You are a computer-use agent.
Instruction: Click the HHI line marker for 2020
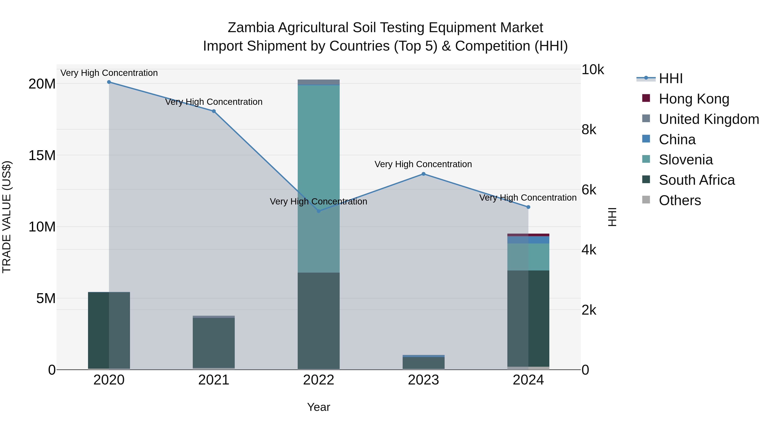coord(109,82)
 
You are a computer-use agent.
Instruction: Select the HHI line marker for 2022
coord(318,211)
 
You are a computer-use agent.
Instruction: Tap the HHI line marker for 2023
coord(423,174)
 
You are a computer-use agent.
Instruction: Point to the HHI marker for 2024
coord(528,207)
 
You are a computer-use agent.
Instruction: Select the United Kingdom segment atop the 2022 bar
coord(318,82)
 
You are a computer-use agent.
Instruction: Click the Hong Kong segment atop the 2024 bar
coord(528,235)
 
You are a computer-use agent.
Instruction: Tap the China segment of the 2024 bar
coord(528,240)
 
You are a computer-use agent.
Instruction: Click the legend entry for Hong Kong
coord(694,99)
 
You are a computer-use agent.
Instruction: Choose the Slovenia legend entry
coord(685,160)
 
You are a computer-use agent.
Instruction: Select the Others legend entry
coord(679,200)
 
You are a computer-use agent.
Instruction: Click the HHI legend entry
coord(670,78)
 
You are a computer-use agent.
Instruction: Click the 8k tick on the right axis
coord(589,130)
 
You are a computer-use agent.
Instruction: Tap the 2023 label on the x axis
coord(423,380)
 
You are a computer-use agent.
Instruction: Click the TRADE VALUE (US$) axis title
coord(7,217)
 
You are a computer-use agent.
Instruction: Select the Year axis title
coord(318,407)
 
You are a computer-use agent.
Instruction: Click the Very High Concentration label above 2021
coord(214,102)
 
